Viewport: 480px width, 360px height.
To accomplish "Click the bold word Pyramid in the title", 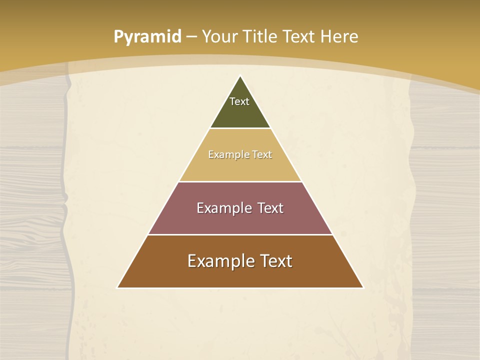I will (147, 37).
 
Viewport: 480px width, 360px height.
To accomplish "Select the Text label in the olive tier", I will (239, 101).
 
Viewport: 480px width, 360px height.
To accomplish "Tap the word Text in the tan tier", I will (262, 154).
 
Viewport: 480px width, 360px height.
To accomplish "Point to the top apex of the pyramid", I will (240, 76).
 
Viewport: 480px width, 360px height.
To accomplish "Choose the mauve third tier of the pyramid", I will (240, 222).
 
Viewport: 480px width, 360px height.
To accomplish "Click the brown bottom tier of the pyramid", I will (240, 276).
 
